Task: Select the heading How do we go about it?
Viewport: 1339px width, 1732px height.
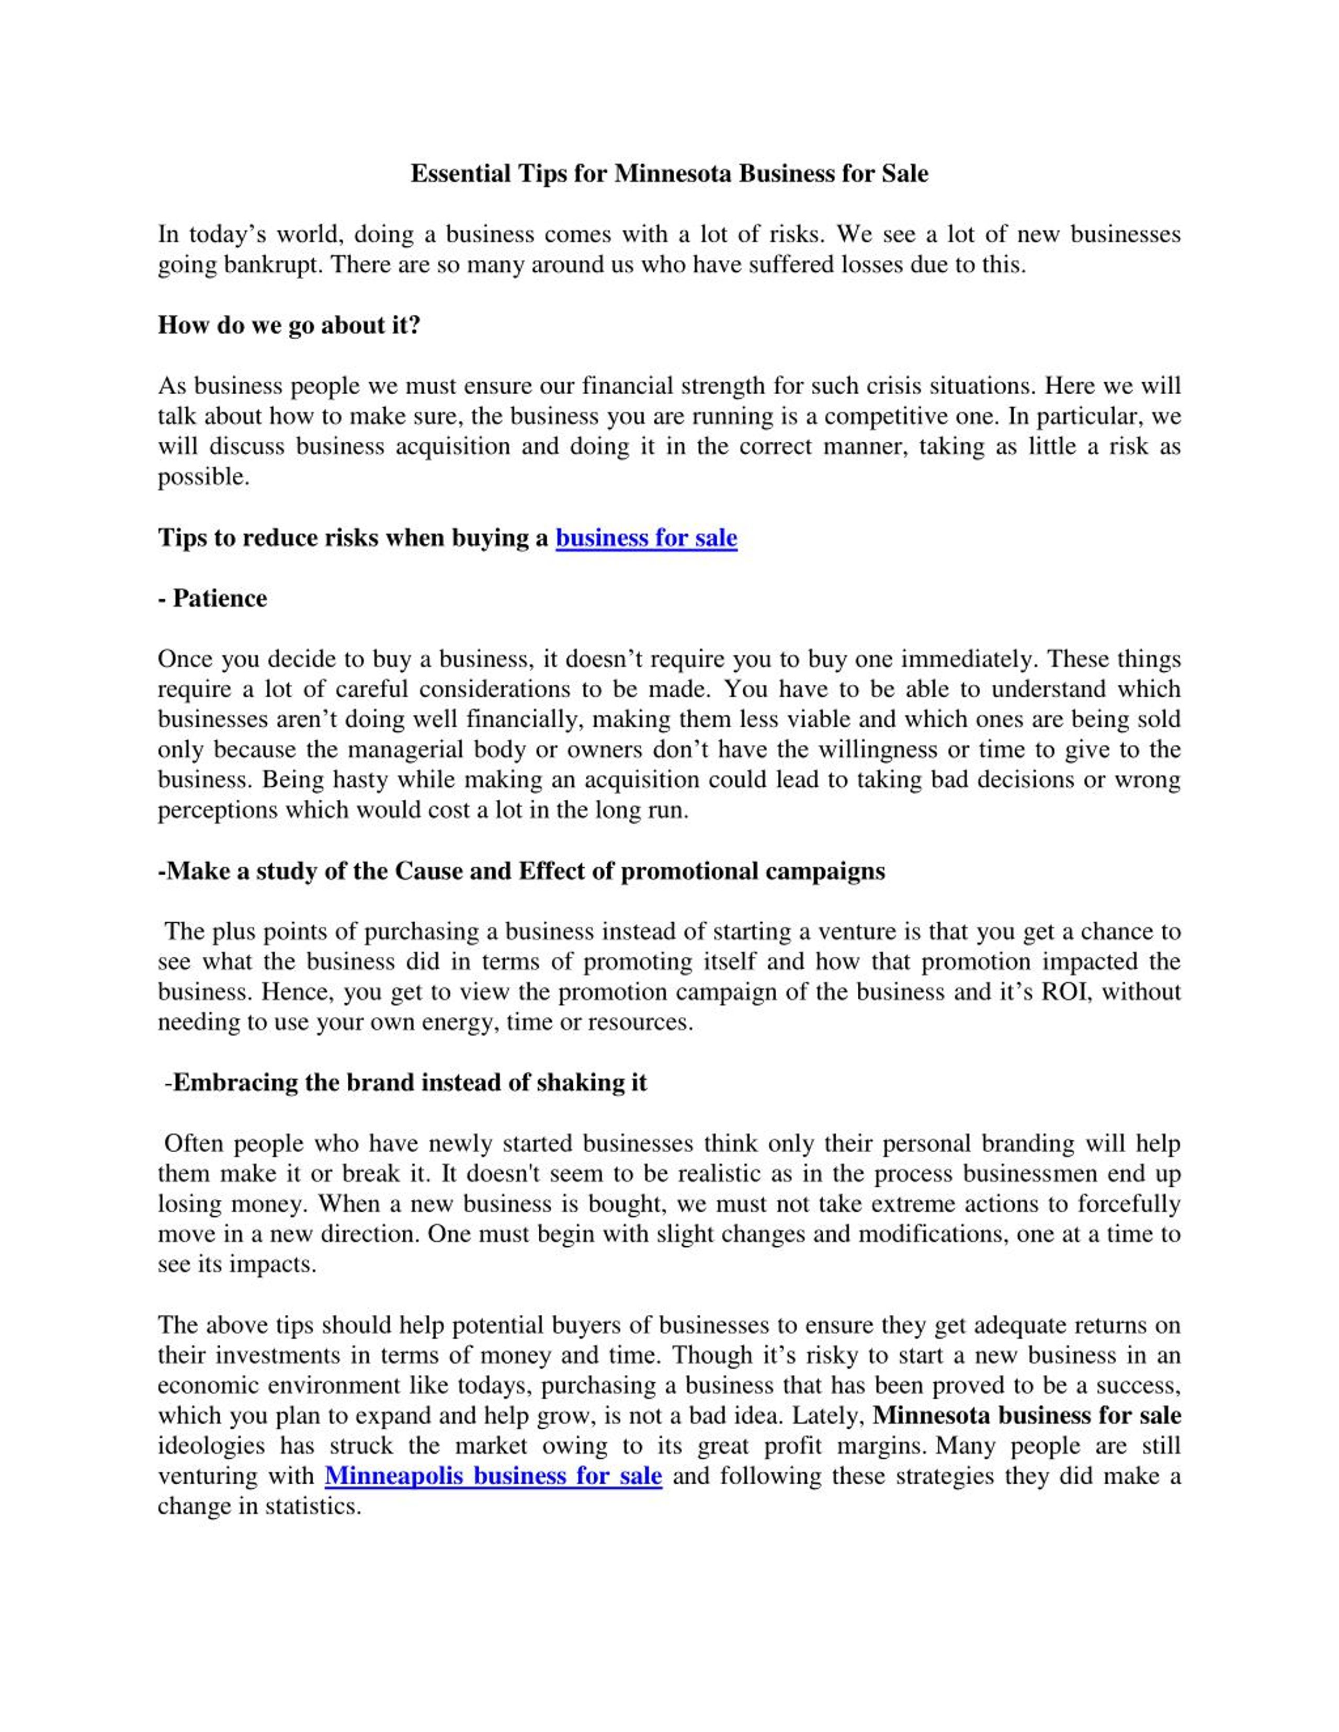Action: [x=289, y=325]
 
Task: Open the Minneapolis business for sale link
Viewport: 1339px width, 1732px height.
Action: [x=493, y=1476]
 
